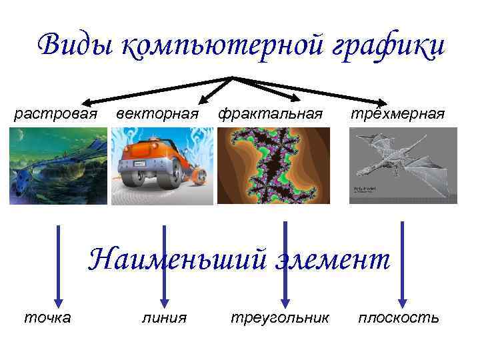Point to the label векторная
pyautogui.click(x=157, y=113)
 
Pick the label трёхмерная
pyautogui.click(x=397, y=113)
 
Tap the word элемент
pyautogui.click(x=331, y=259)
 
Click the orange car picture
pyautogui.click(x=162, y=165)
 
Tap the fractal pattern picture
pyautogui.click(x=273, y=165)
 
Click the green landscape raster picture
pyautogui.click(x=58, y=165)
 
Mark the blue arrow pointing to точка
pyautogui.click(x=58, y=267)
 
